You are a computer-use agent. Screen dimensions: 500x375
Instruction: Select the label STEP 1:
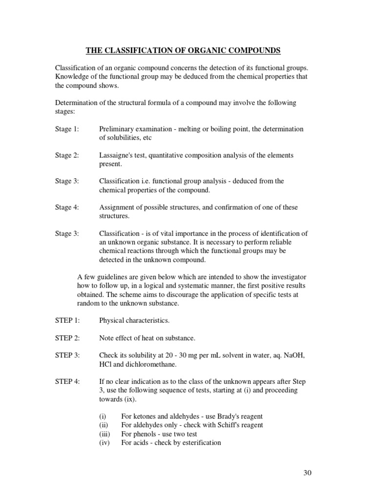tap(66, 320)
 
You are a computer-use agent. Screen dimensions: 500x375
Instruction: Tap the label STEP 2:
tap(66, 338)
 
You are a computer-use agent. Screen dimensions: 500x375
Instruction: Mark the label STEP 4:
tap(66, 381)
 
